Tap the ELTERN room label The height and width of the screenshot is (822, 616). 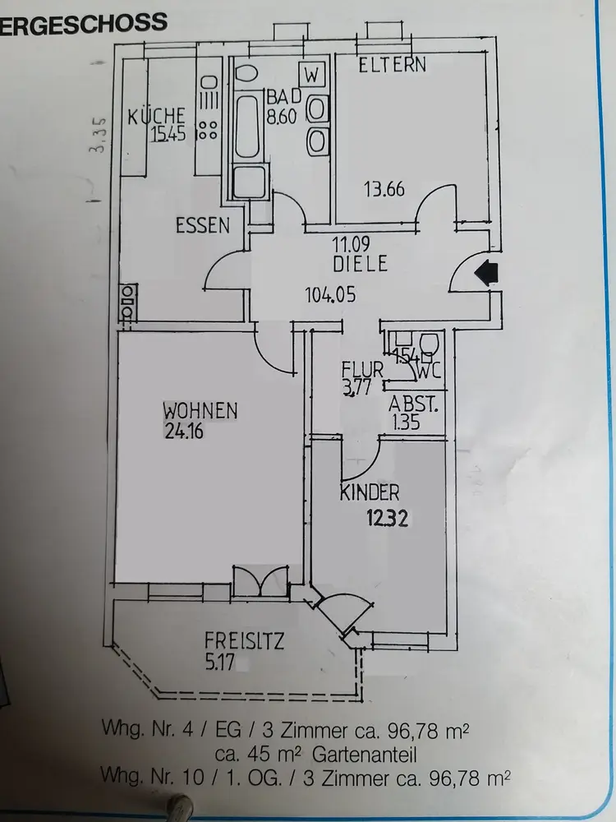[393, 64]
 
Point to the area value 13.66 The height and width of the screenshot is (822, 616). [384, 189]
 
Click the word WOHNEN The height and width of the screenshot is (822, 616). [200, 410]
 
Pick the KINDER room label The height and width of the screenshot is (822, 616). [370, 493]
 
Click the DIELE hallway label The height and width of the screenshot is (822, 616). [360, 265]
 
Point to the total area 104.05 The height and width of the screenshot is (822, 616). [330, 294]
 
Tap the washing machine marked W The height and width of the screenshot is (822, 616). [311, 74]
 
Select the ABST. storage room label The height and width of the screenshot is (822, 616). [414, 404]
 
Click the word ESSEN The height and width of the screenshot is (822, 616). [202, 226]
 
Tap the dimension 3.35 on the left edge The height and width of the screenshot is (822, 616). [99, 136]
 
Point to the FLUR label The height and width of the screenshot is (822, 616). [362, 372]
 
